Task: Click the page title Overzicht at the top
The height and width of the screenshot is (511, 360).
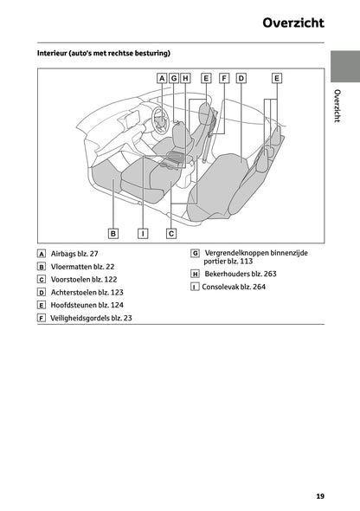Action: point(293,23)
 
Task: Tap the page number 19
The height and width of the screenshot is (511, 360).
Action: point(320,496)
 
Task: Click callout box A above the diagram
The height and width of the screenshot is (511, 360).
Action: point(162,78)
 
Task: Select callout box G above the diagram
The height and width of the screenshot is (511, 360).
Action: point(174,78)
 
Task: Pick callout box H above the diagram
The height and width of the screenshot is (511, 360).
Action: point(185,78)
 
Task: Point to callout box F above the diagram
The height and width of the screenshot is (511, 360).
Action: point(224,78)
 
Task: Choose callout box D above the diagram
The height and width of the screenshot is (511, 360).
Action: point(241,78)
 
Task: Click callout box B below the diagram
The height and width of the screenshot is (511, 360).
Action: point(113,234)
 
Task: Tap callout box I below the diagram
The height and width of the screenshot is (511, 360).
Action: point(143,234)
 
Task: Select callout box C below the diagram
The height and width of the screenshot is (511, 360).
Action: point(171,234)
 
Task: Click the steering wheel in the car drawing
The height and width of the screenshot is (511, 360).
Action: point(160,120)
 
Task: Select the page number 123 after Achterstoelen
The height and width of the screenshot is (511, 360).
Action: point(117,293)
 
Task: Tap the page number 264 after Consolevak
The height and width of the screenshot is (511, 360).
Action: point(259,287)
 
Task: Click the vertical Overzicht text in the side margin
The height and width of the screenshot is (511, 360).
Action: point(337,106)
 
